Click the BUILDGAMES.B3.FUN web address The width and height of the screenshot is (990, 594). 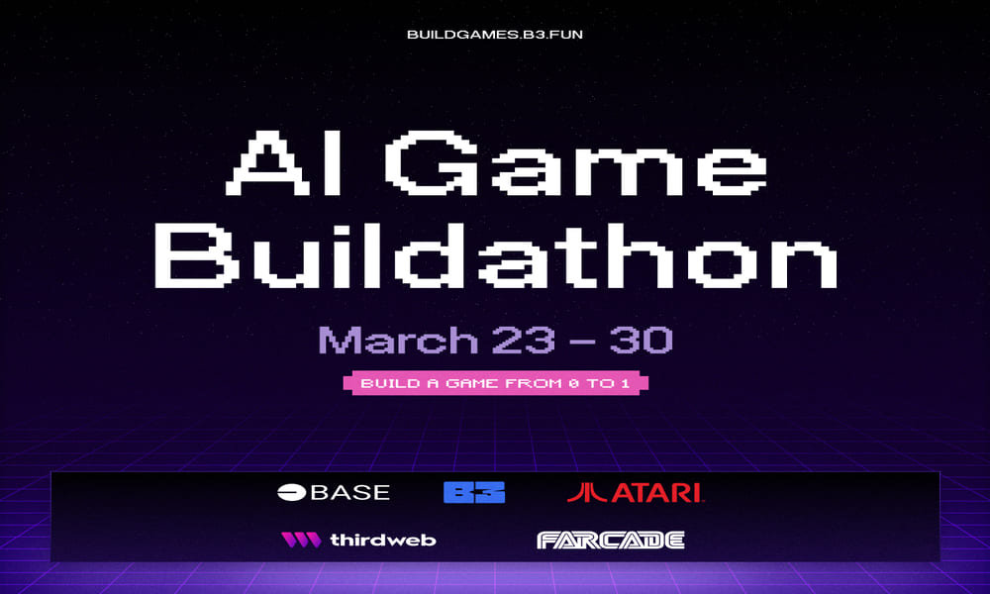click(501, 34)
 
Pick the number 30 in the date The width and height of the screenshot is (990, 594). click(641, 340)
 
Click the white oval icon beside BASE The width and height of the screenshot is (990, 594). click(292, 492)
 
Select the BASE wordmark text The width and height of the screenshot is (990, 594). click(350, 492)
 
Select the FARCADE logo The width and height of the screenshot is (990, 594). click(611, 540)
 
